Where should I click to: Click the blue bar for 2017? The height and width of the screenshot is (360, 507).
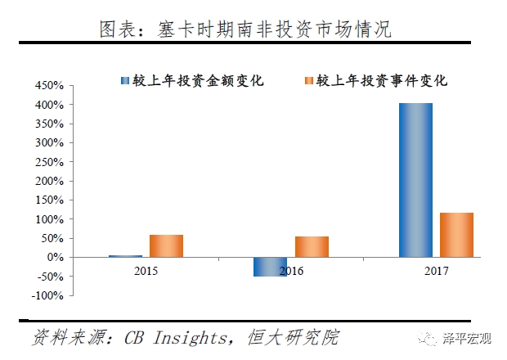pyautogui.click(x=415, y=180)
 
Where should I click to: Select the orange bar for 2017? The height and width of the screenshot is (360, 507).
pyautogui.click(x=456, y=235)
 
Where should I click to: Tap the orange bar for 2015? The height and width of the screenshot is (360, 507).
pyautogui.click(x=166, y=246)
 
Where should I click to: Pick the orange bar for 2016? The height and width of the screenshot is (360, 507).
pyautogui.click(x=312, y=247)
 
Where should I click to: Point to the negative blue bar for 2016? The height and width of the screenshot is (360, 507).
pyautogui.click(x=270, y=267)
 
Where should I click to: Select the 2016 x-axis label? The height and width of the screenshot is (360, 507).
pyautogui.click(x=291, y=269)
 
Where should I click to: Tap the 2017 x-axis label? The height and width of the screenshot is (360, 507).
pyautogui.click(x=436, y=269)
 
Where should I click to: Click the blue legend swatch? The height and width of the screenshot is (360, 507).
pyautogui.click(x=124, y=80)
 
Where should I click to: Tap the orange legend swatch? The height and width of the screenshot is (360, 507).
pyautogui.click(x=308, y=80)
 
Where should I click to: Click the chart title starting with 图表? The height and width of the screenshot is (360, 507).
pyautogui.click(x=245, y=30)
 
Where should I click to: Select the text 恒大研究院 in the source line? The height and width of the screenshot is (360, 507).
pyautogui.click(x=298, y=337)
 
